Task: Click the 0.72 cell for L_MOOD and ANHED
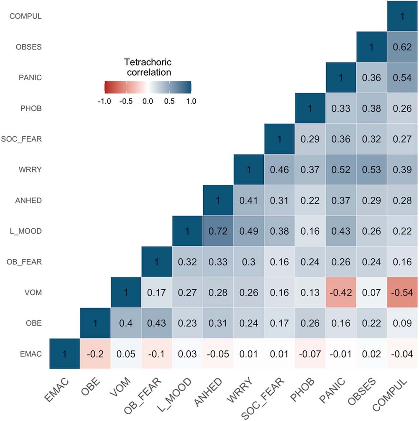(x=218, y=231)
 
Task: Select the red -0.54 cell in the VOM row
(x=402, y=292)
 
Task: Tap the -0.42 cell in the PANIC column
(x=341, y=292)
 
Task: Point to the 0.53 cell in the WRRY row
(x=372, y=169)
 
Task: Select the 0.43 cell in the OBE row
(x=156, y=323)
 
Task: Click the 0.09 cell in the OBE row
(x=402, y=323)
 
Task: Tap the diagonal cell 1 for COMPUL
(x=402, y=16)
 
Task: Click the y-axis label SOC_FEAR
(x=26, y=139)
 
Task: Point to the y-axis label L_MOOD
(x=28, y=231)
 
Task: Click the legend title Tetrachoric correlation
(x=148, y=67)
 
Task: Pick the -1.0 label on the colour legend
(x=103, y=101)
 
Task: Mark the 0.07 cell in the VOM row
(x=372, y=292)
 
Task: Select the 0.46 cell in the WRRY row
(x=279, y=169)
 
